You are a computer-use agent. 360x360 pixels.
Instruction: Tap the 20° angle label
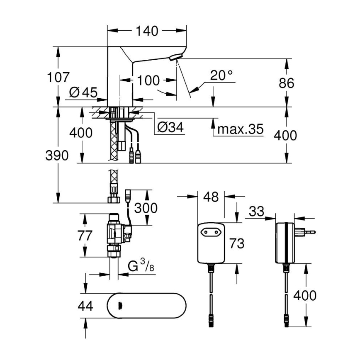coord(221,75)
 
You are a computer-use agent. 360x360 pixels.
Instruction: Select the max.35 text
coord(240,129)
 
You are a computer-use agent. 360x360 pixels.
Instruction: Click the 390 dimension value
coord(57,156)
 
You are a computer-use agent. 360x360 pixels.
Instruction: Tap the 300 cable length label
coord(146,207)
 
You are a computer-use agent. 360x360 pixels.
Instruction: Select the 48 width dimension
coord(211,197)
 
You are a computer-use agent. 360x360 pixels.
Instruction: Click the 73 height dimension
coord(237,243)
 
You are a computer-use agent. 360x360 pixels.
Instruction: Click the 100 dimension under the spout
coord(148,80)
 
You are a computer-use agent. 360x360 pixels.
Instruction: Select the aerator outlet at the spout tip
coord(176,59)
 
